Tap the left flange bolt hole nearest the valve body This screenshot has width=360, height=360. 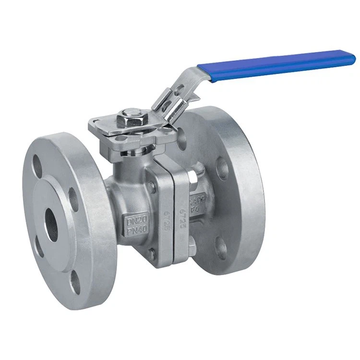pos(74,198)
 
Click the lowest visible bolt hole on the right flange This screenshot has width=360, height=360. pos(221,249)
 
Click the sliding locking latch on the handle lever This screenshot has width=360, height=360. pos(169,103)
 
